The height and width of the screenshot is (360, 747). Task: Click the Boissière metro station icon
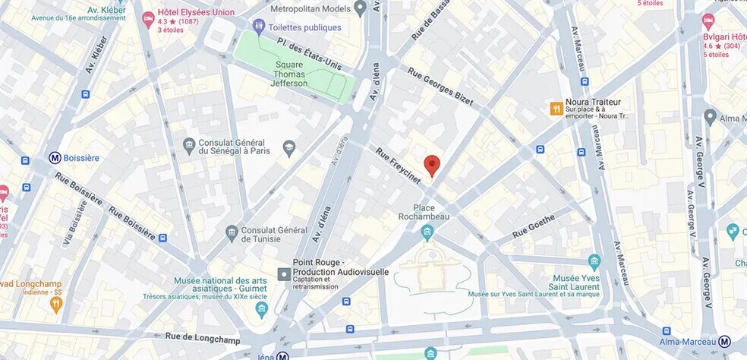(x=55, y=158)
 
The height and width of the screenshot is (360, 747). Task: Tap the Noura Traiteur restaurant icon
(x=556, y=109)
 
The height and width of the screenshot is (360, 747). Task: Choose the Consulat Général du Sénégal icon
(x=189, y=144)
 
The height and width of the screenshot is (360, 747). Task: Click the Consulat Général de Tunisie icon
(x=232, y=231)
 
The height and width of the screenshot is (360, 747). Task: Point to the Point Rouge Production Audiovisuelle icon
(x=284, y=273)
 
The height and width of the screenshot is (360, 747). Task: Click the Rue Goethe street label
(x=534, y=226)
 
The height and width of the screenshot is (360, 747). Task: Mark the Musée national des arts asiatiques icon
(x=262, y=308)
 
